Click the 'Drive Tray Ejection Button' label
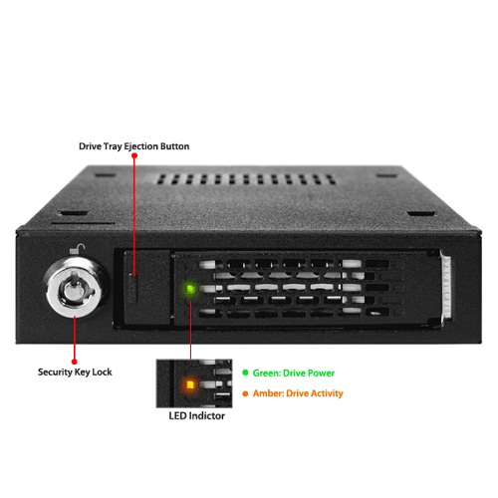pyautogui.click(x=133, y=146)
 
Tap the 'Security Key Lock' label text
pyautogui.click(x=75, y=373)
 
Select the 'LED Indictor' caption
pyautogui.click(x=196, y=415)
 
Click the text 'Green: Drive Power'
pyautogui.click(x=294, y=373)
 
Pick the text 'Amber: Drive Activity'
pyautogui.click(x=298, y=393)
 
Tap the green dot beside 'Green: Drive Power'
pyautogui.click(x=245, y=373)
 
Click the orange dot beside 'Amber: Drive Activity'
pyautogui.click(x=245, y=393)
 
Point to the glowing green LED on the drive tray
pyautogui.click(x=190, y=289)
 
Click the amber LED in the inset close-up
pyautogui.click(x=190, y=385)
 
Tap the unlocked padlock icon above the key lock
pyautogui.click(x=78, y=249)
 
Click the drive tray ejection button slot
pyautogui.click(x=133, y=288)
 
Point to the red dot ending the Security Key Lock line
pyautogui.click(x=75, y=362)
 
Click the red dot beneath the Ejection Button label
pyautogui.click(x=134, y=155)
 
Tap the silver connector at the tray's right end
pyautogui.click(x=446, y=287)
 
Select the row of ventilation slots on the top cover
pyautogui.click(x=246, y=179)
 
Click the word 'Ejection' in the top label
pyautogui.click(x=141, y=146)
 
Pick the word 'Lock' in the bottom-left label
pyautogui.click(x=102, y=373)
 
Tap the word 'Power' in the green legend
pyautogui.click(x=321, y=373)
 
